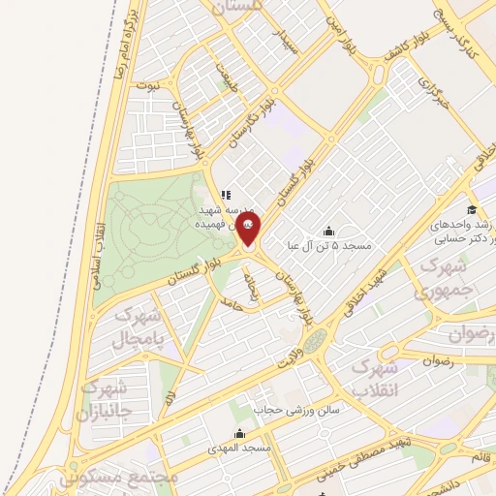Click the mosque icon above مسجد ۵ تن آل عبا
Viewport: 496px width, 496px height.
click(327, 231)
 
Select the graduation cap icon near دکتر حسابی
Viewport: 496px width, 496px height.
click(471, 210)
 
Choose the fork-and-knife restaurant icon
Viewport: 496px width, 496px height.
click(225, 195)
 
